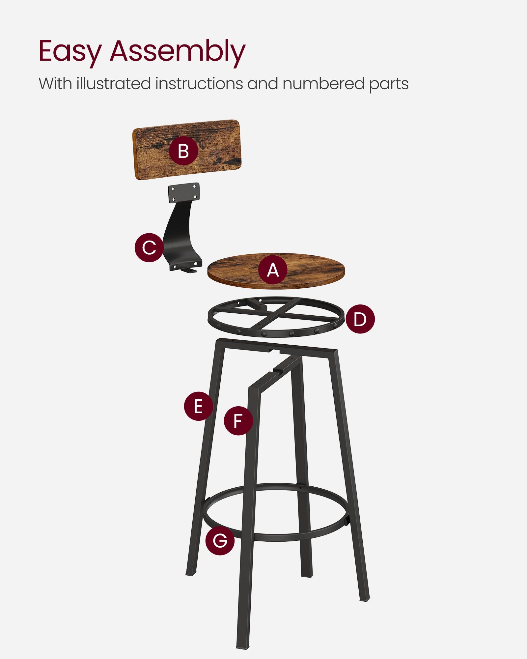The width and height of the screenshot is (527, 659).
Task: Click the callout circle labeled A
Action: pos(273,270)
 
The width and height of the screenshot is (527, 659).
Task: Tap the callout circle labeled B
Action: pos(183,151)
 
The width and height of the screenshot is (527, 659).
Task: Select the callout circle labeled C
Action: pos(149,247)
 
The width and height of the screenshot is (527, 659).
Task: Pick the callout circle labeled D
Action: pos(360,319)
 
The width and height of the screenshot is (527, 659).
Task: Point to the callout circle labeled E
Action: pos(198,406)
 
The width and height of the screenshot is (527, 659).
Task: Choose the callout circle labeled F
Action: pos(238,421)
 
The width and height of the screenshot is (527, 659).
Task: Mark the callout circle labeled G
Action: pos(220,541)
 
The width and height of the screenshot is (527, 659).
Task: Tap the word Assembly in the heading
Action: pos(178,51)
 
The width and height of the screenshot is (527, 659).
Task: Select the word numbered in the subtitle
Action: pos(323,84)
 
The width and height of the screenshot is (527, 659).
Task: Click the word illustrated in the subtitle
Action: pos(113,84)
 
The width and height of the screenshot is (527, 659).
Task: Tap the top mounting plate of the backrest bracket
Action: pos(184,193)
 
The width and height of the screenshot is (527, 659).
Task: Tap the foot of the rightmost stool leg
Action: pos(365,598)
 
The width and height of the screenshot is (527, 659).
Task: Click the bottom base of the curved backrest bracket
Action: pos(186,266)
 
